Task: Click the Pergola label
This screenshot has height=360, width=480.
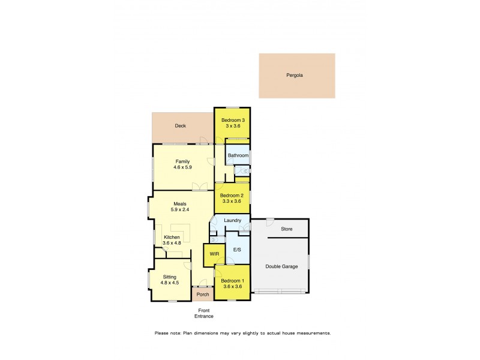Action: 295,76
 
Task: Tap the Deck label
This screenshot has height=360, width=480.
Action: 180,126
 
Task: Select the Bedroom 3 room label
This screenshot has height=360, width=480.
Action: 232,121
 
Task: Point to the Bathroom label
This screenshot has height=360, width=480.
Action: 238,155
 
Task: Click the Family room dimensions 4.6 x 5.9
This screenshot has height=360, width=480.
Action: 182,168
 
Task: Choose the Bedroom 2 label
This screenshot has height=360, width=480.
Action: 232,196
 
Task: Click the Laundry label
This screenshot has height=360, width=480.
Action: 232,221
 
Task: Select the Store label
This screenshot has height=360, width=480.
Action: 287,229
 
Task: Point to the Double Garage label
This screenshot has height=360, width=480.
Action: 282,266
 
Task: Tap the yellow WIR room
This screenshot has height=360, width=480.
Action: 214,254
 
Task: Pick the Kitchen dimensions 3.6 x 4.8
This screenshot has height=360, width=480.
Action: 172,243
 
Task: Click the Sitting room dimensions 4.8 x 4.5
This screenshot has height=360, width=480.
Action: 169,283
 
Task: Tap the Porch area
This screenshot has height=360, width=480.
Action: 203,295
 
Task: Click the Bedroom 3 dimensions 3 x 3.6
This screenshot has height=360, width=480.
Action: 232,127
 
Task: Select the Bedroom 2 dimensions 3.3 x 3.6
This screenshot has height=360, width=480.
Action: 232,202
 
